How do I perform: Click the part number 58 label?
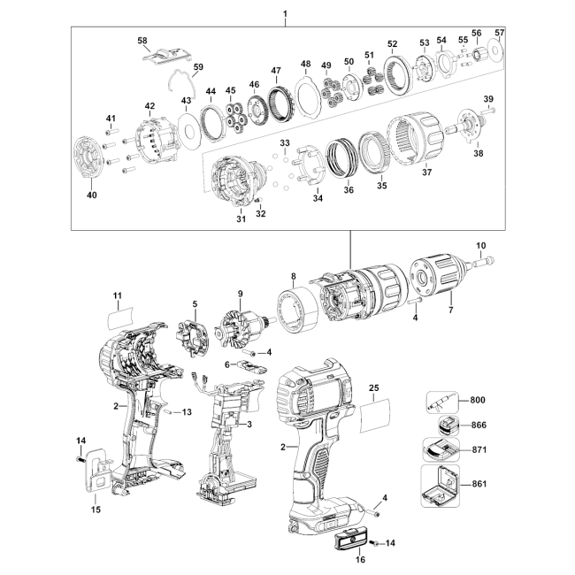(x=142, y=41)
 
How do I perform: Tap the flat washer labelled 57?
(x=496, y=49)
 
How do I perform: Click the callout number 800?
(x=478, y=400)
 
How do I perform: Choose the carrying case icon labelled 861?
(x=440, y=486)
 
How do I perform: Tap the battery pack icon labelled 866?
(x=448, y=425)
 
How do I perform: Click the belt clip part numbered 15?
(x=96, y=471)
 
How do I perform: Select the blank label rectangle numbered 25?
(x=374, y=416)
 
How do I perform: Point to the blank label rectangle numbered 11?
(x=120, y=318)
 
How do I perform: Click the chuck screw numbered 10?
(x=484, y=262)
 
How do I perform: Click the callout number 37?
(x=426, y=172)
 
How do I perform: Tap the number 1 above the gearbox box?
(x=286, y=14)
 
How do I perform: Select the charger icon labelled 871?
(x=441, y=449)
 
